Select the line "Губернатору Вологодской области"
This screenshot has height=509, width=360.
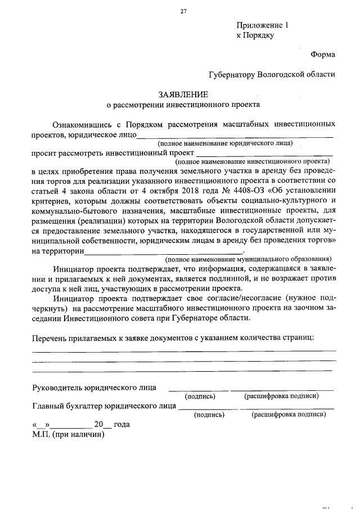pyautogui.click(x=271, y=74)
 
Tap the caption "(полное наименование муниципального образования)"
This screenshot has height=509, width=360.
pyautogui.click(x=243, y=259)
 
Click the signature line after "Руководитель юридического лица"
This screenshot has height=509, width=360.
pyautogui.click(x=199, y=389)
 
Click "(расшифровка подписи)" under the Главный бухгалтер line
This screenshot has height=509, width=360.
pyautogui.click(x=289, y=415)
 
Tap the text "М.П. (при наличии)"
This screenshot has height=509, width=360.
pyautogui.click(x=68, y=434)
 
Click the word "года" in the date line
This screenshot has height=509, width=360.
pyautogui.click(x=121, y=425)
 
